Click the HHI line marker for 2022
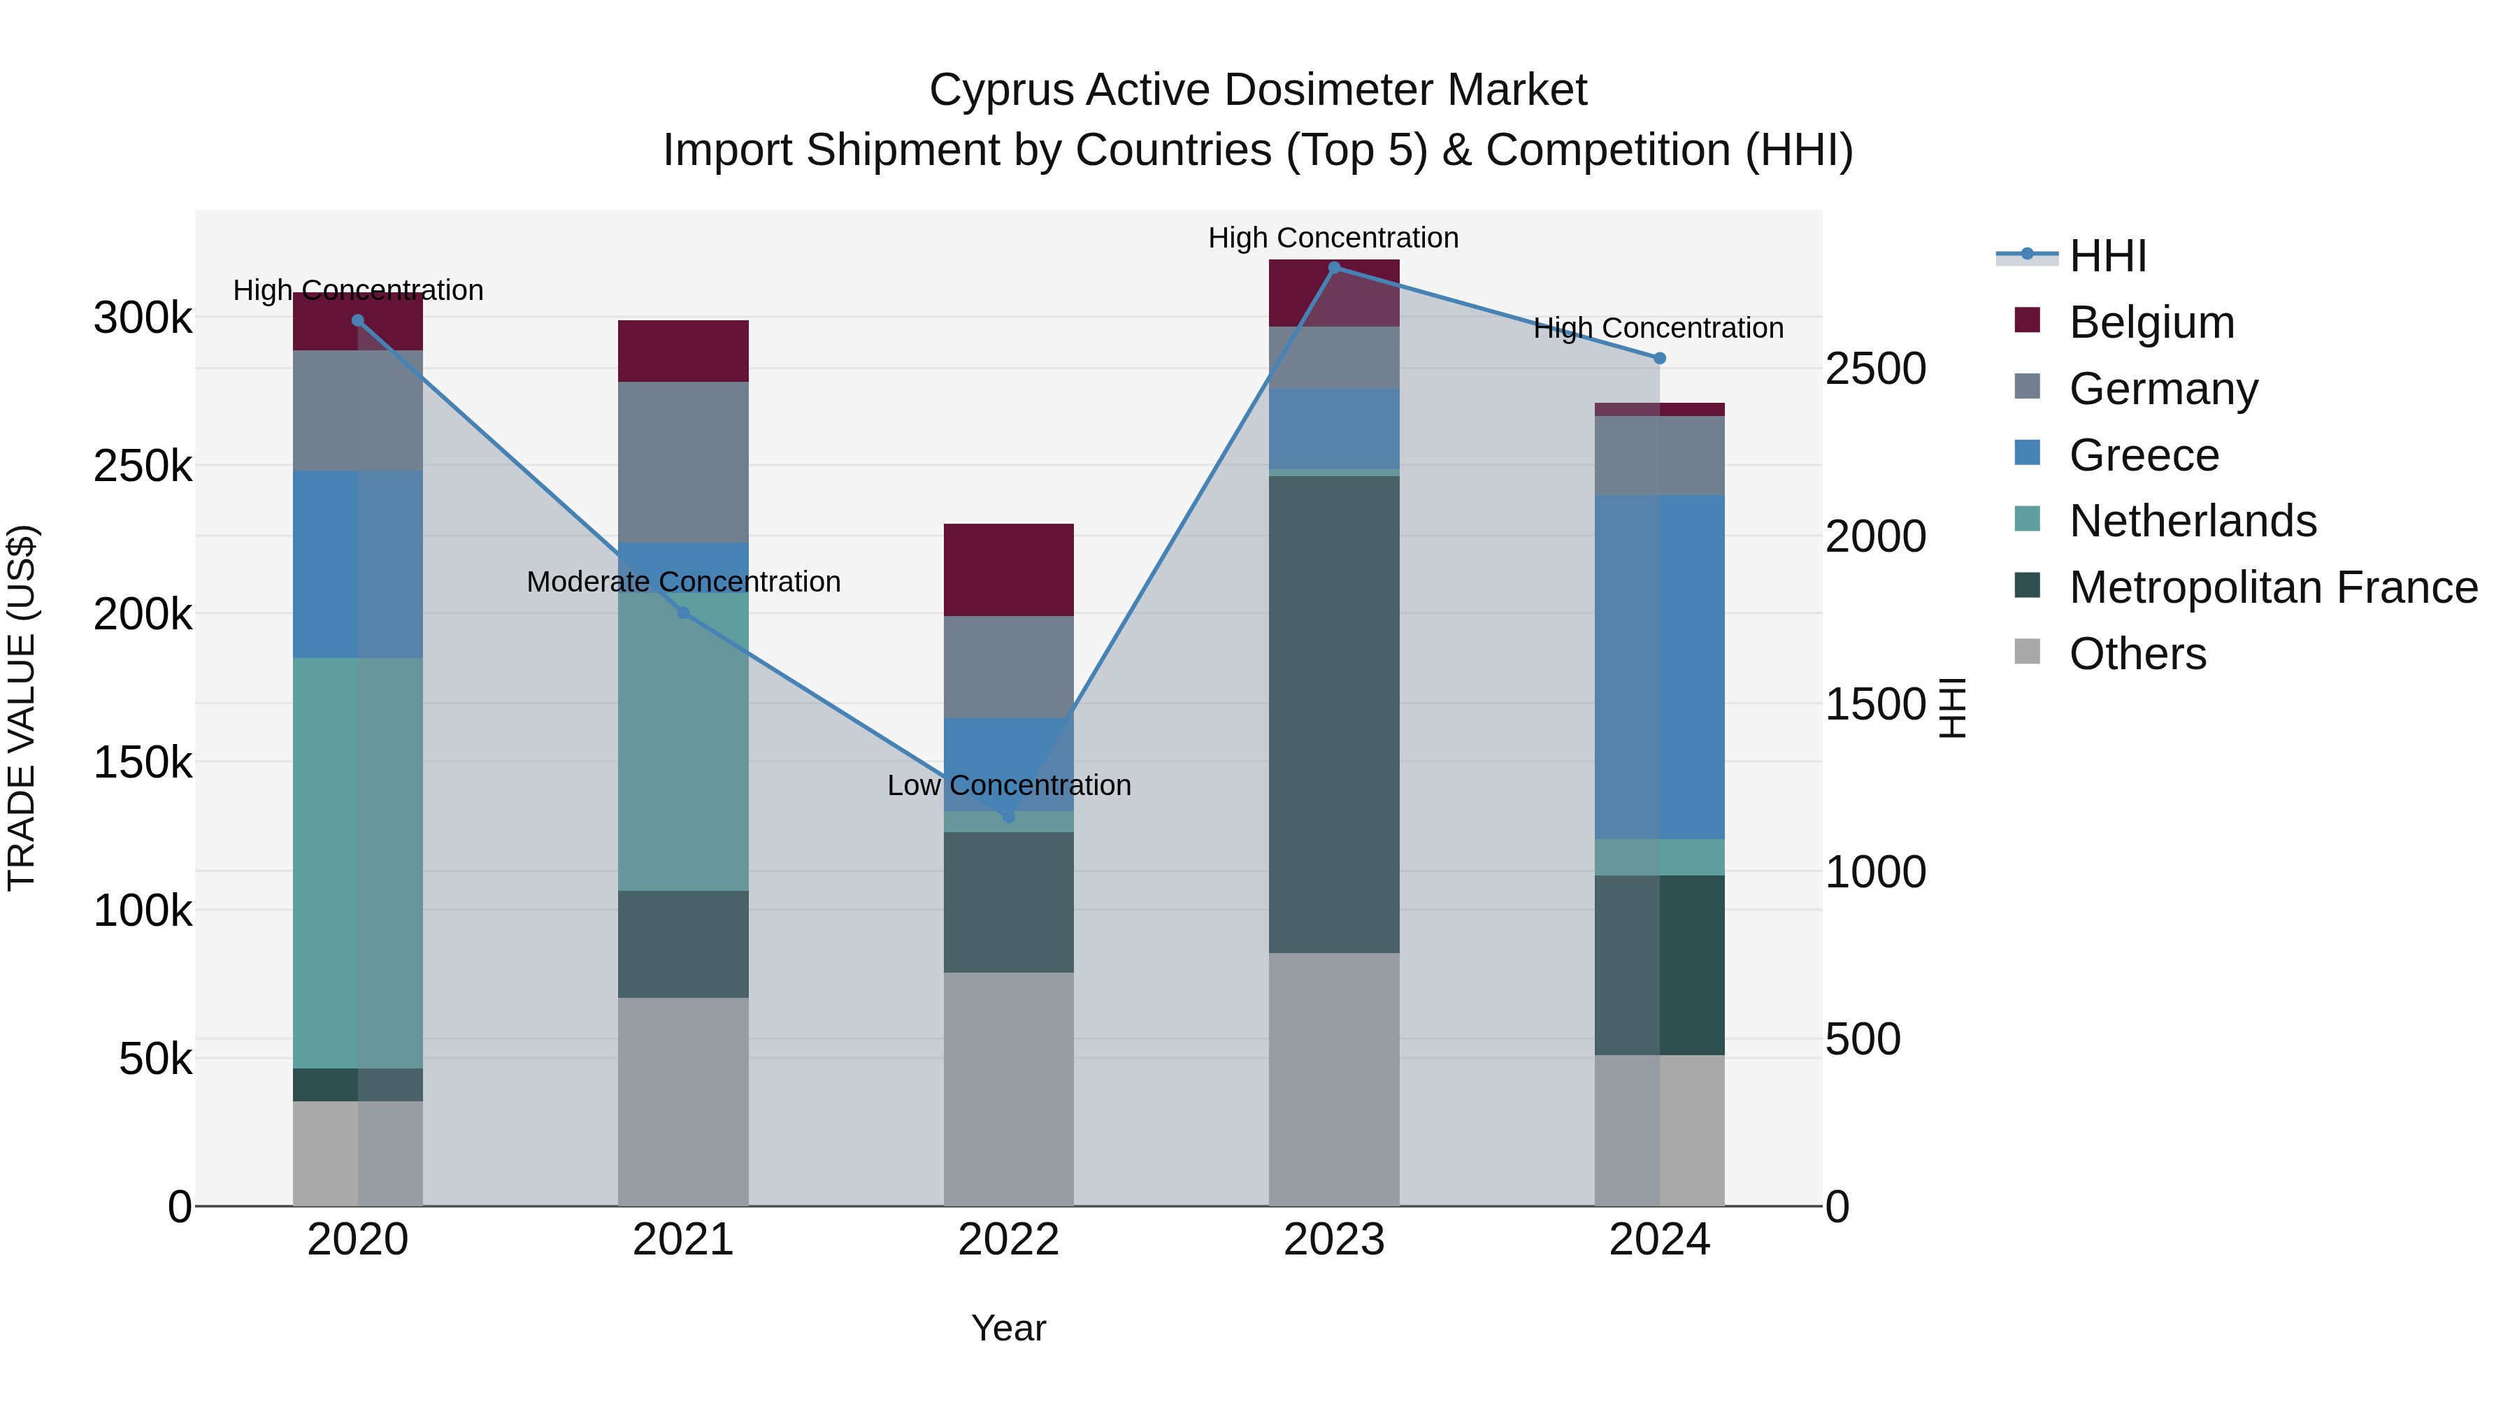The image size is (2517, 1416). coord(1008,816)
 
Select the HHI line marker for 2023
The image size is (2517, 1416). coord(1334,267)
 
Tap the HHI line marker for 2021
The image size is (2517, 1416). coord(683,613)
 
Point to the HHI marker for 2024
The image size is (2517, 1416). coord(1659,359)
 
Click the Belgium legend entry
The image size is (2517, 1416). coord(2151,322)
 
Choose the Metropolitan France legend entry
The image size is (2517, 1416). coord(2273,587)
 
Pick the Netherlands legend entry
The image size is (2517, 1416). coord(2192,521)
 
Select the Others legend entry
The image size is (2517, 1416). coord(2137,654)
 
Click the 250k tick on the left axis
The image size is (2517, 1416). coord(143,466)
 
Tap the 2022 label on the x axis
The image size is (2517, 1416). coord(1008,1240)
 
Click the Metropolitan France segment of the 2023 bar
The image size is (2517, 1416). coord(1334,713)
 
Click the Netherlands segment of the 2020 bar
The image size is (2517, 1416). coord(357,862)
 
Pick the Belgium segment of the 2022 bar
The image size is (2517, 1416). coord(1008,570)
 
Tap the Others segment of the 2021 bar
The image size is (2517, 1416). coord(683,1101)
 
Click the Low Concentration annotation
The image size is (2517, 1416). coord(1008,786)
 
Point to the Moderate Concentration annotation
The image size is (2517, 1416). coord(683,582)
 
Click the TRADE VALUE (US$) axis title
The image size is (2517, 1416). coord(22,708)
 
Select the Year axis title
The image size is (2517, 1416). coord(1008,1328)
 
